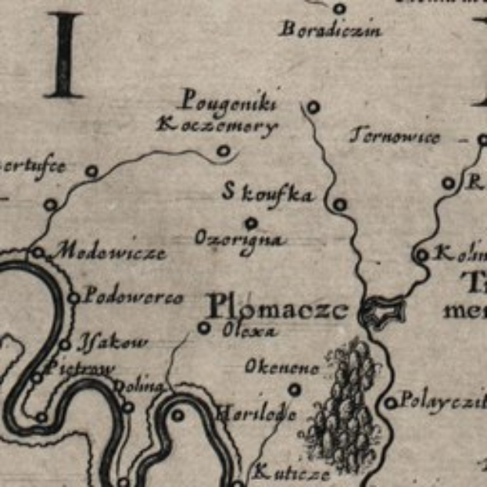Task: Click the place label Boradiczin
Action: [330, 31]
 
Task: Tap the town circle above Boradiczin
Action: [339, 9]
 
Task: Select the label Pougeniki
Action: [227, 101]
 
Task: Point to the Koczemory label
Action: [217, 126]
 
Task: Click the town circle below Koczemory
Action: [224, 151]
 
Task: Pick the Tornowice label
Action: [394, 137]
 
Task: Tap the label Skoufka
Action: [268, 194]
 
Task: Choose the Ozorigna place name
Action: [239, 238]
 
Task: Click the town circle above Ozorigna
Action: [251, 223]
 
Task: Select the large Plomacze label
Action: [278, 307]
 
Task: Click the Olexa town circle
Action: [204, 328]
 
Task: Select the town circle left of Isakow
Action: [66, 344]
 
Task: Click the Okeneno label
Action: [281, 367]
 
